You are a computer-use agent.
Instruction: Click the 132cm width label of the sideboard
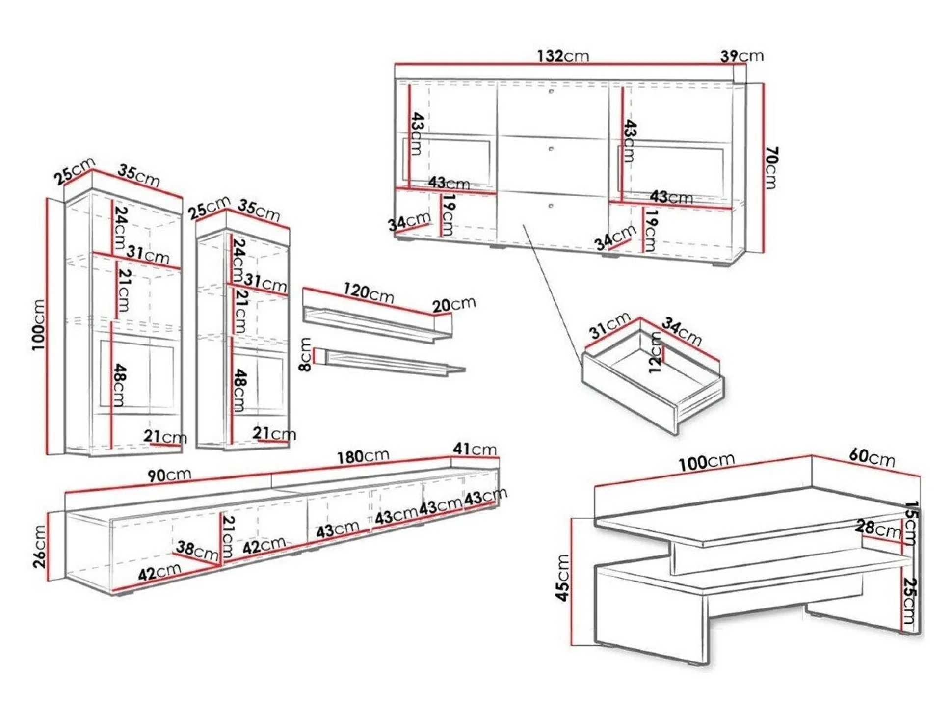coord(563,56)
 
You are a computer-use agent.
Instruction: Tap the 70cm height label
coord(771,168)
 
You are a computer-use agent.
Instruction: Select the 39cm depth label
coord(741,56)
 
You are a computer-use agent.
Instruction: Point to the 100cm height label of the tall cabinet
coord(39,324)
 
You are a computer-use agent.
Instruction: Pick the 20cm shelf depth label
coord(453,305)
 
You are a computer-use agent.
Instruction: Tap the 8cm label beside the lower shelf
coord(305,354)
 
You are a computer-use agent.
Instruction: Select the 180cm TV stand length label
coord(363,456)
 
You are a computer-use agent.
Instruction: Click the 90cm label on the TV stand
coord(169,475)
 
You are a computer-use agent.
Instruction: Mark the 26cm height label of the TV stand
coord(40,546)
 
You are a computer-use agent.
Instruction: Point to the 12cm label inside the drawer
coord(655,353)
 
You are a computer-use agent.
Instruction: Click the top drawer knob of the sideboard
coord(552,92)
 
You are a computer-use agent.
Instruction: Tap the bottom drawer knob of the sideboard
coord(551,206)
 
